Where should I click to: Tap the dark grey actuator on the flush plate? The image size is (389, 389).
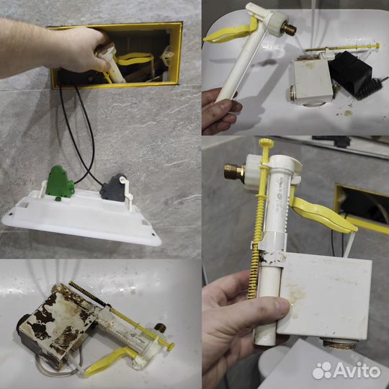point(114,188)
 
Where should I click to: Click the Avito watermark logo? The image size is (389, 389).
point(346,371)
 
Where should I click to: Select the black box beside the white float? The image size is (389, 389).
point(350,73)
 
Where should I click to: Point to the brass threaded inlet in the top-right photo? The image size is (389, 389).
point(289,30)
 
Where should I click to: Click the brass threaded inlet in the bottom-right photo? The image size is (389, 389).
point(234,171)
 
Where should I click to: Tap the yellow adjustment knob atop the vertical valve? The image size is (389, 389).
point(267,143)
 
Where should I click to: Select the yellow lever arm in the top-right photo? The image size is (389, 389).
point(230,32)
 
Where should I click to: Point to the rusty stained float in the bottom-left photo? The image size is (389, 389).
point(57,324)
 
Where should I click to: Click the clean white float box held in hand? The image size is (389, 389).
point(325,295)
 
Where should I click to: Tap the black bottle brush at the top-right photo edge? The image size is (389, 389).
point(370,89)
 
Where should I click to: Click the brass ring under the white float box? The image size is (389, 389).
point(339,344)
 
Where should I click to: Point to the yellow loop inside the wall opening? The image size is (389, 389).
point(135,60)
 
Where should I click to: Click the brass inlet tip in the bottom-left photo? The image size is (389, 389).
point(160,328)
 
